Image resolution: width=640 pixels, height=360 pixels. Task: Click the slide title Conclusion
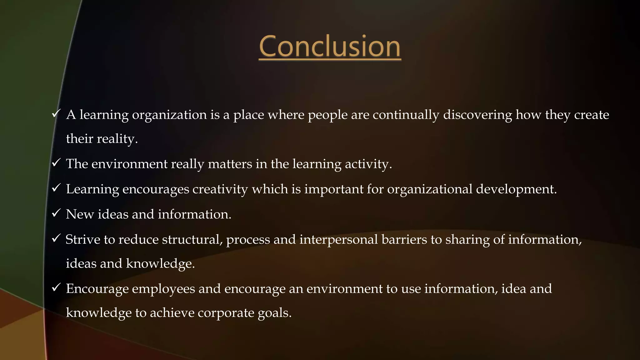pos(330,47)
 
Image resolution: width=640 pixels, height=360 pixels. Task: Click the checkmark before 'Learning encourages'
pos(56,188)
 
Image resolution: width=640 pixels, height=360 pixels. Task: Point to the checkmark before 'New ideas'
pos(56,213)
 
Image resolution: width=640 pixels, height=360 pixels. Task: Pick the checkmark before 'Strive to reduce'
pos(56,238)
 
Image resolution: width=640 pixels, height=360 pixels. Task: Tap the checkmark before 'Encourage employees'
pos(56,287)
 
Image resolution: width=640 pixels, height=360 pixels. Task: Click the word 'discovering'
pos(477,115)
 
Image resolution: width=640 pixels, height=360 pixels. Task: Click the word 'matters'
pos(230,164)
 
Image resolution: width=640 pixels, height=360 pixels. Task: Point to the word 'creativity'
pos(220,189)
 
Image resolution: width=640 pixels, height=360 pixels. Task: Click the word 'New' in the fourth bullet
pos(80,214)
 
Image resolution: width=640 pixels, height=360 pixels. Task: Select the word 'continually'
pos(406,115)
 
